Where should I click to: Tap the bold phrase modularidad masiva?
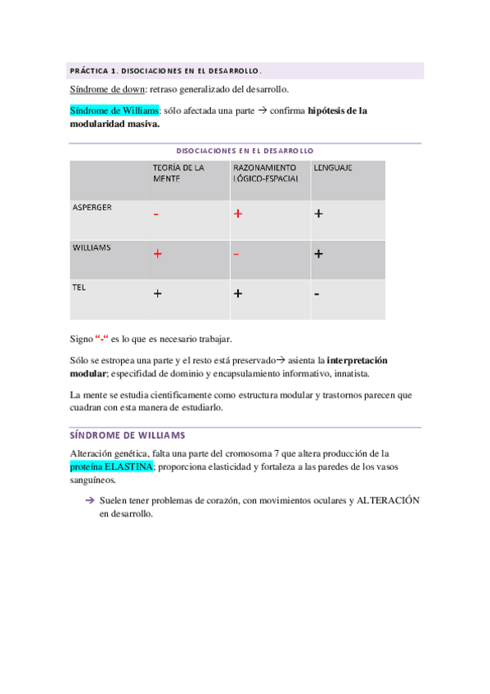[115, 125]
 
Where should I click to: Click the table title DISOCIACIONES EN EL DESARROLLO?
[245, 151]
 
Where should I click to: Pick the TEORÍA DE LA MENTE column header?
[178, 173]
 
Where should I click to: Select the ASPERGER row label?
[92, 207]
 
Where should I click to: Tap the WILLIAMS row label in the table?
[92, 246]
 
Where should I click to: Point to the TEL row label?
[79, 287]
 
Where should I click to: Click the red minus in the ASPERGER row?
[155, 214]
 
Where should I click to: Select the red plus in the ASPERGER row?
[238, 214]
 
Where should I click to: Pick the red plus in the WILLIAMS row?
[157, 254]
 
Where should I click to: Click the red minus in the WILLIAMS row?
[236, 254]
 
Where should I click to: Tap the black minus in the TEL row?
[317, 293]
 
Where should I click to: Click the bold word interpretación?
[357, 359]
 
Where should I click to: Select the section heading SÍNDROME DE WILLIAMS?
[128, 435]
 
